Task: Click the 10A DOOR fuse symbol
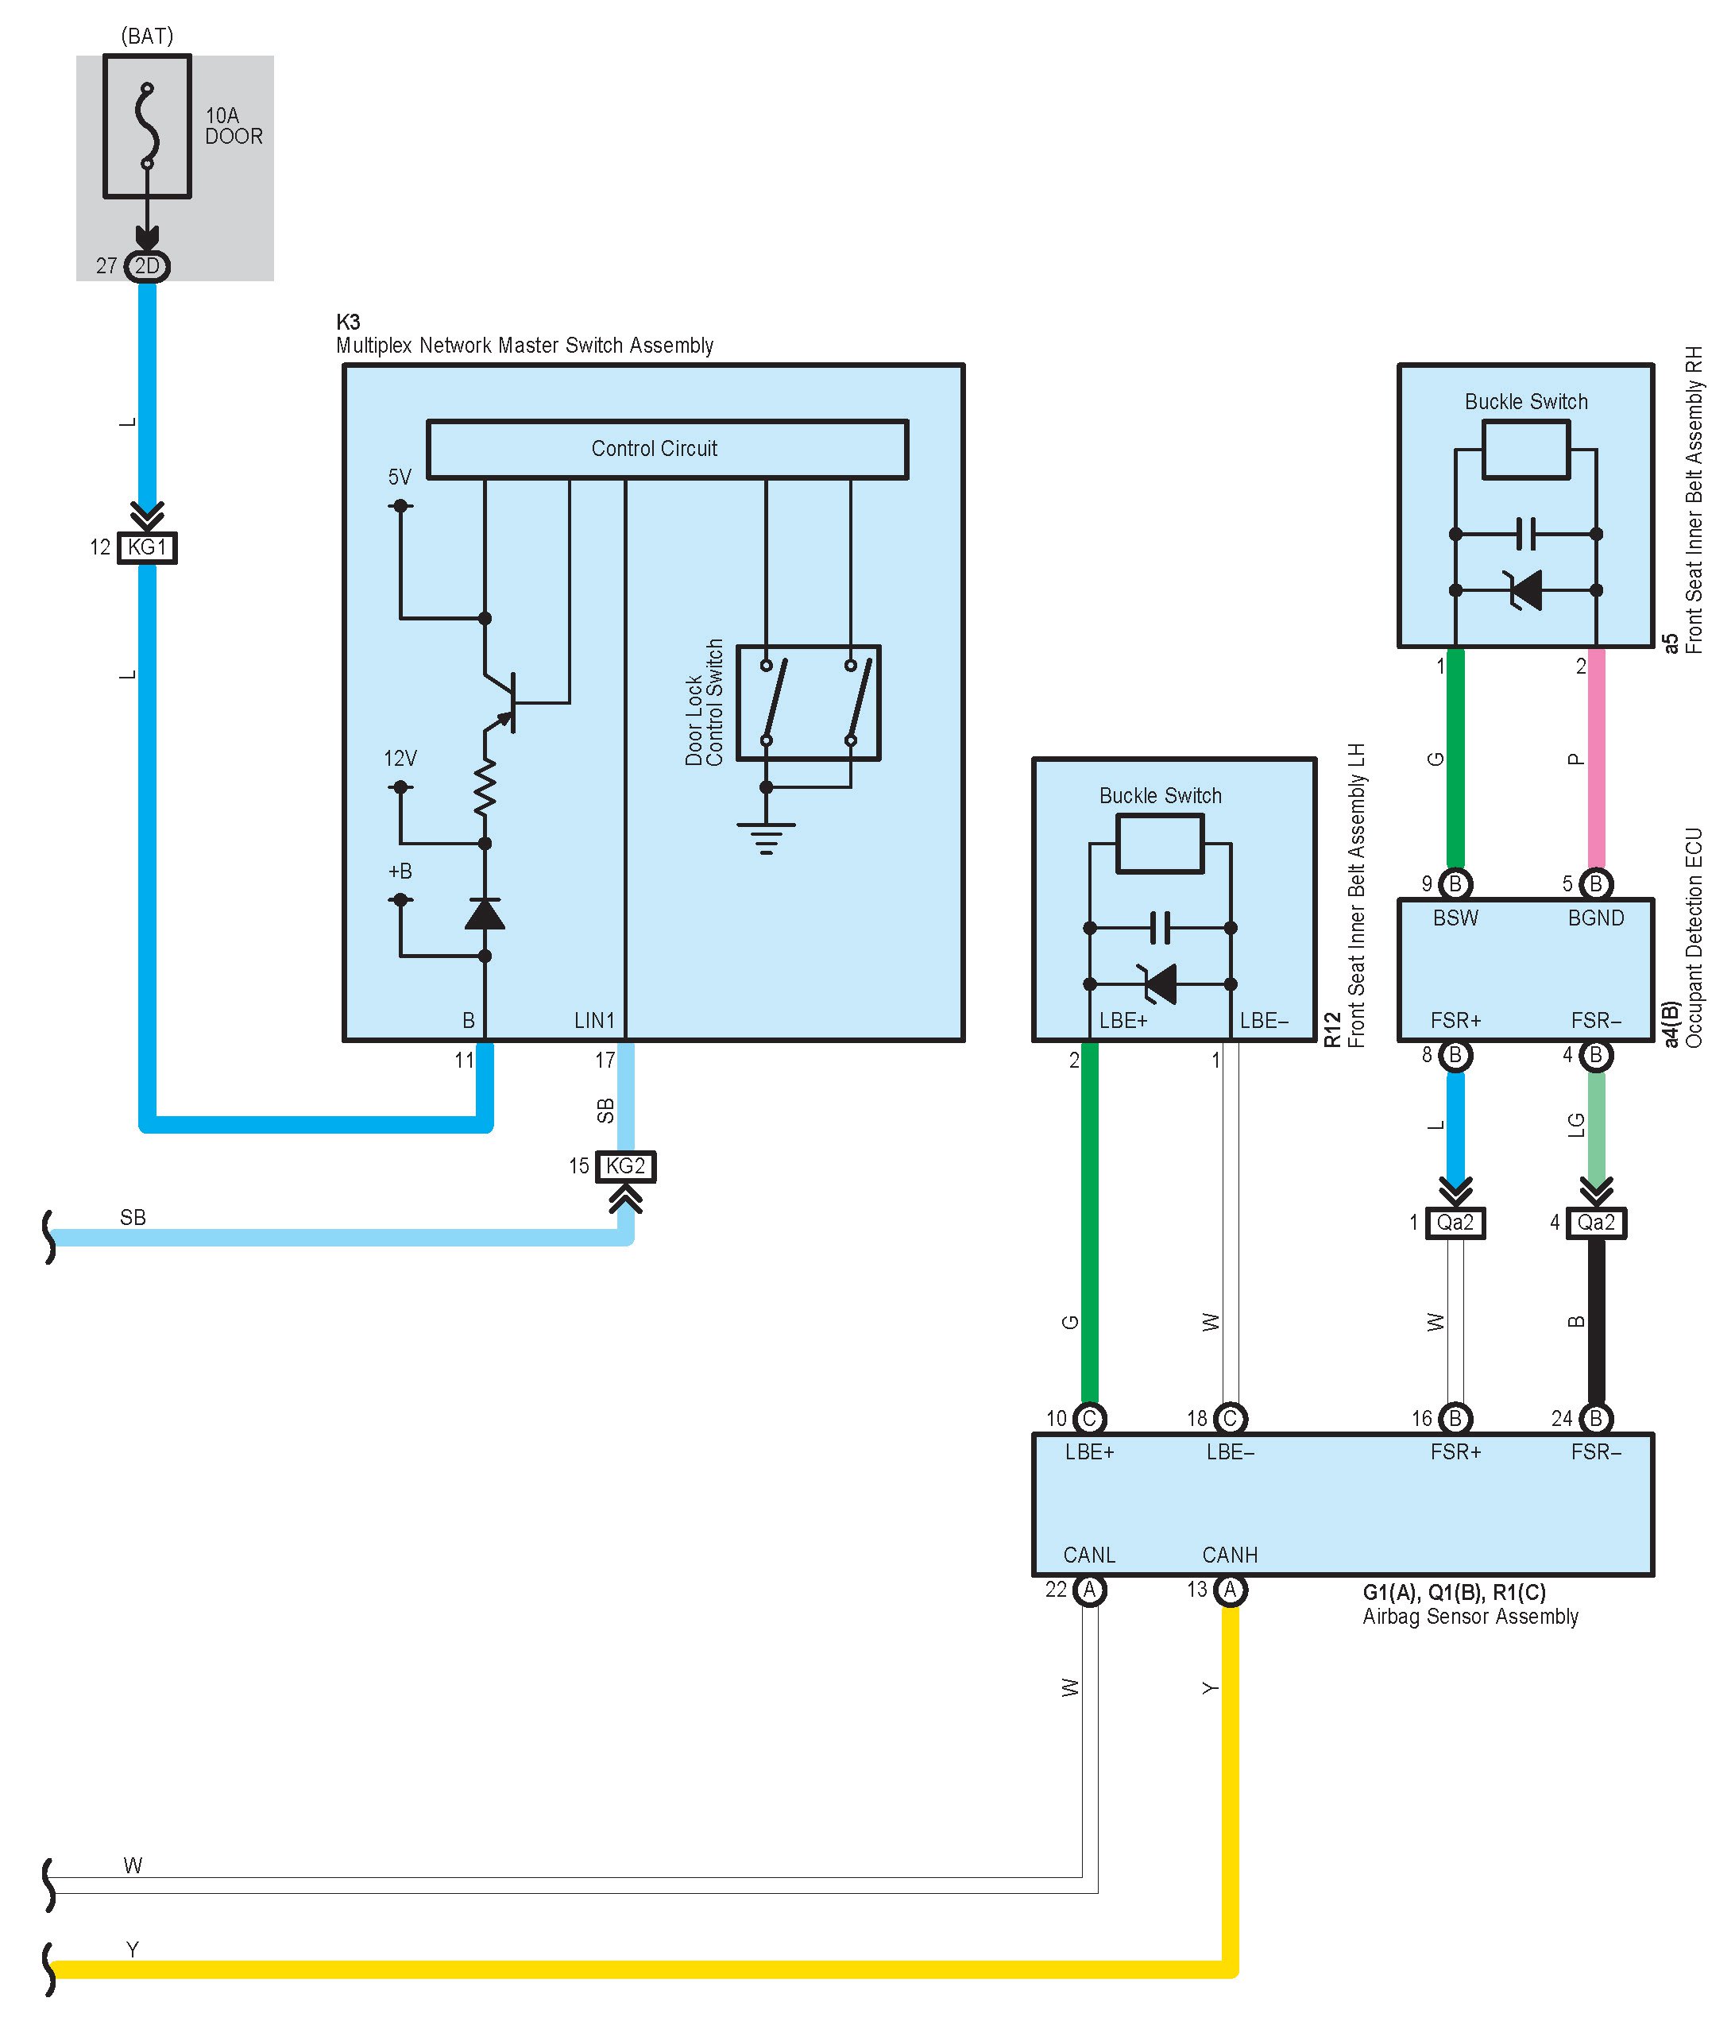pyautogui.click(x=147, y=127)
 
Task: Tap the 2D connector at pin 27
pyautogui.click(x=147, y=266)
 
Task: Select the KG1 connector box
pyautogui.click(x=147, y=547)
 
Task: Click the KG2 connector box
pyautogui.click(x=625, y=1166)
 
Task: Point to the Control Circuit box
pyautogui.click(x=667, y=449)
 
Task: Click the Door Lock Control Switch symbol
pyautogui.click(x=809, y=702)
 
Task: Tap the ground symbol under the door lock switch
pyautogui.click(x=767, y=839)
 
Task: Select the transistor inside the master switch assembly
pyautogui.click(x=500, y=701)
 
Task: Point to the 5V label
pyautogui.click(x=400, y=477)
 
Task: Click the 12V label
pyautogui.click(x=400, y=758)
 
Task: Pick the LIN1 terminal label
pyautogui.click(x=594, y=1020)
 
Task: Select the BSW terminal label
pyautogui.click(x=1455, y=918)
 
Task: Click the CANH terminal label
pyautogui.click(x=1230, y=1555)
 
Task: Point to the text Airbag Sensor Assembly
pyautogui.click(x=1470, y=1616)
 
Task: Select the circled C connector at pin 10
pyautogui.click(x=1089, y=1419)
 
